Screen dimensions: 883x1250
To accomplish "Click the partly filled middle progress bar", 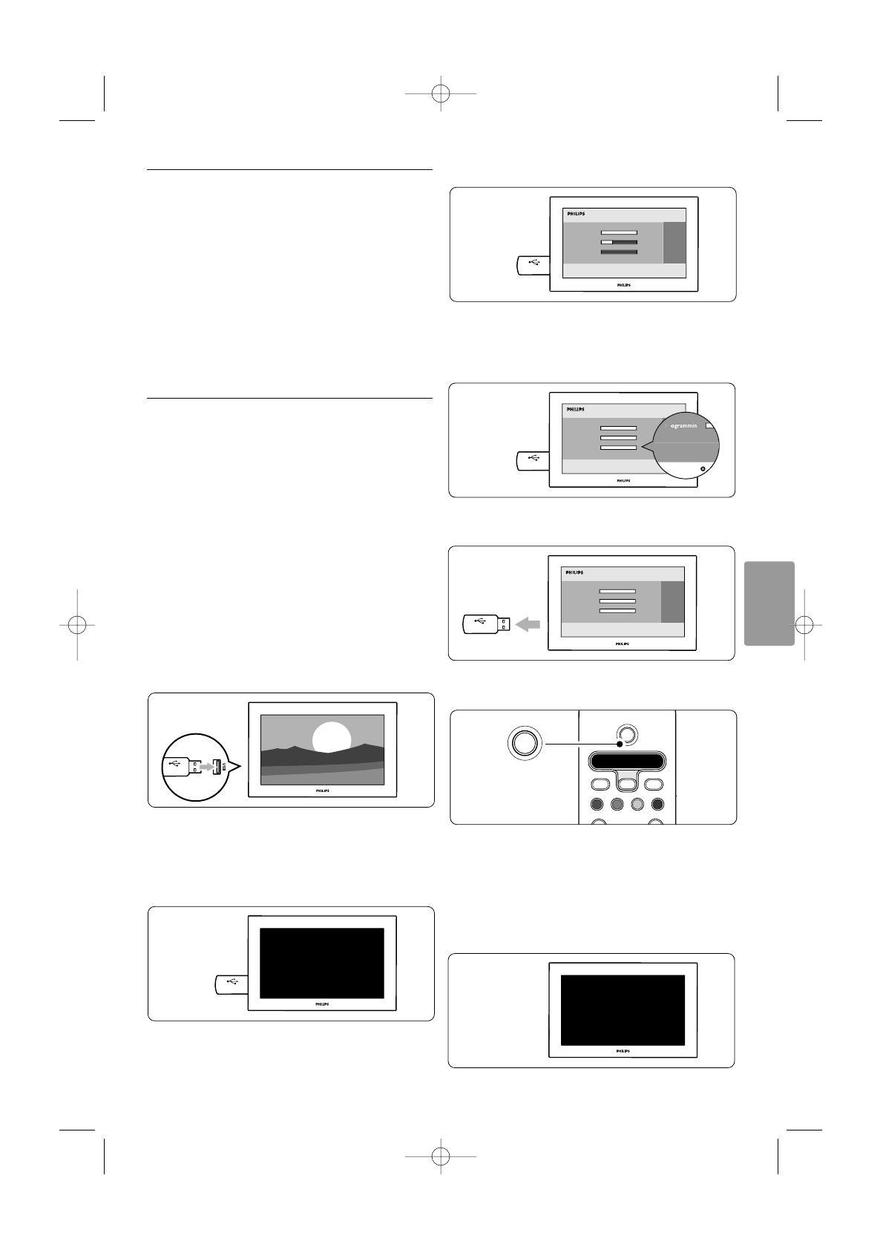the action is pos(619,242).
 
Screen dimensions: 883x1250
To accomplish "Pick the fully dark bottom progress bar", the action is pos(619,252).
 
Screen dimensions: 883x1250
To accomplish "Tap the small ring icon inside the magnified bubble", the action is pos(702,469).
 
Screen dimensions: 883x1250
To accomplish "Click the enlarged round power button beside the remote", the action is pos(525,742).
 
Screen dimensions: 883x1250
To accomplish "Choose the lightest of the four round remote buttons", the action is pos(636,804).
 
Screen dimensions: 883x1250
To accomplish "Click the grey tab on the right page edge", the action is pos(767,603).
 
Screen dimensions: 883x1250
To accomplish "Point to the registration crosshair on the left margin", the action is pos(77,624).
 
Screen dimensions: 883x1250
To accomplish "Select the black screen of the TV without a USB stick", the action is pos(622,1010).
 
